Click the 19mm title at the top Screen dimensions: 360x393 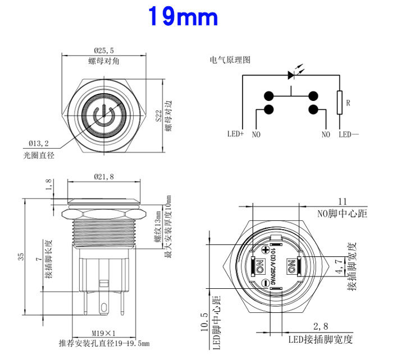pos(182,17)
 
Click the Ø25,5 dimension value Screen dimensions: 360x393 pos(104,50)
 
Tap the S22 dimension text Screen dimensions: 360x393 pos(159,116)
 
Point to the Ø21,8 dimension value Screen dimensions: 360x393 pos(104,177)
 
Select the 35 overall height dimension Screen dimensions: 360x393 pos(21,256)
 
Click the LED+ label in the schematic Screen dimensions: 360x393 pos(235,134)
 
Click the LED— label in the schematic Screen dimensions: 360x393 pos(350,134)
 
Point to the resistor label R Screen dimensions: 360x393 pos(348,103)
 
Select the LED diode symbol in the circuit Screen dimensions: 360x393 pos(291,75)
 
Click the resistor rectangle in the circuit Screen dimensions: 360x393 pos(339,102)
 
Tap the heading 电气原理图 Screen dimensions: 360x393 pos(230,59)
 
